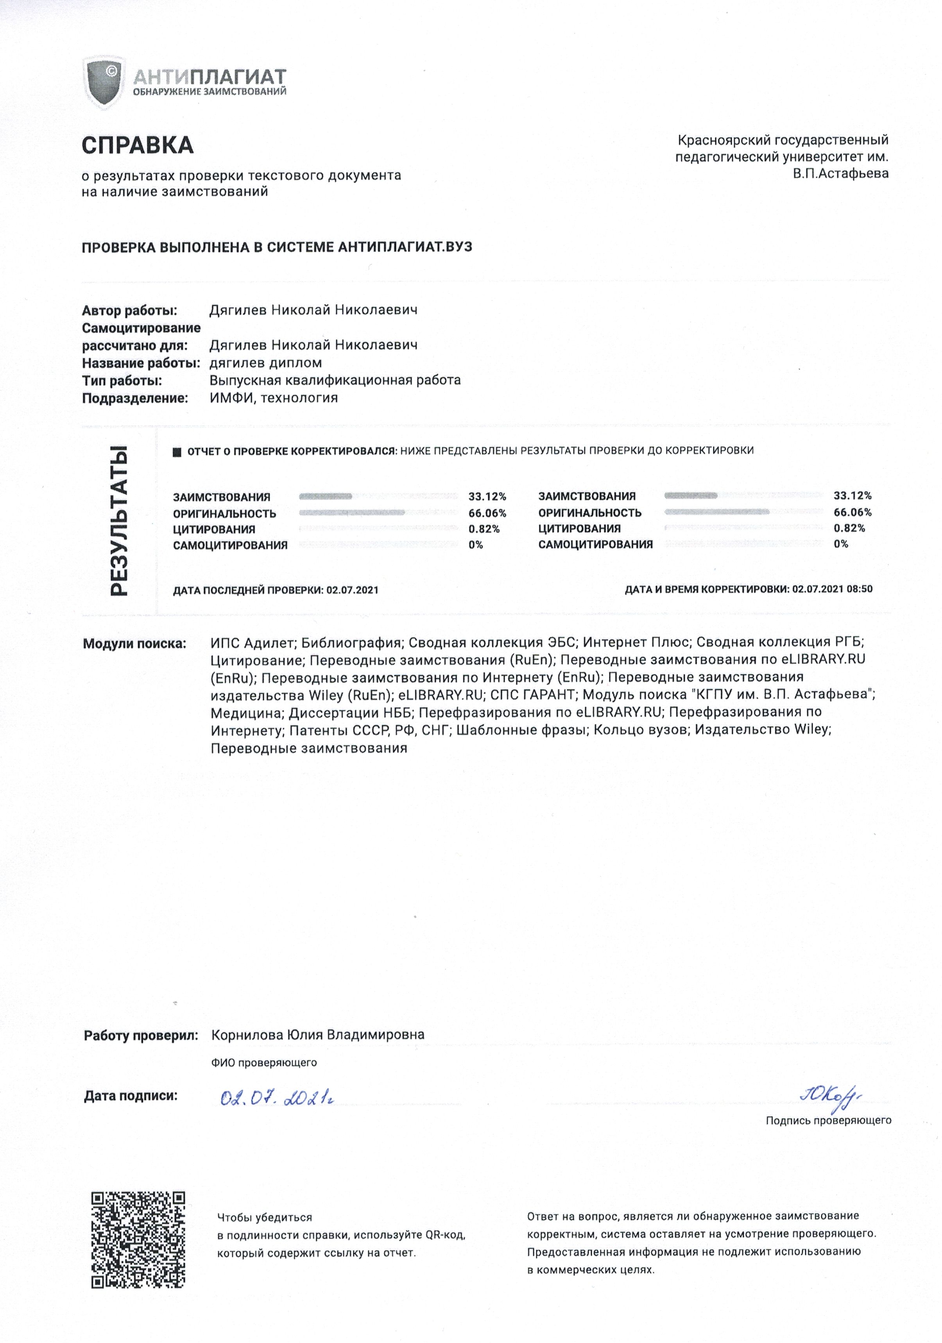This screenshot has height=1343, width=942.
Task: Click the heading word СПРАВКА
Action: [x=138, y=145]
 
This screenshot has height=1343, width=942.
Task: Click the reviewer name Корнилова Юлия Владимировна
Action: [x=318, y=1035]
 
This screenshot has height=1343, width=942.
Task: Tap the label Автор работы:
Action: [x=129, y=311]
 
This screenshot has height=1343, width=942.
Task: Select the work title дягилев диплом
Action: [x=266, y=363]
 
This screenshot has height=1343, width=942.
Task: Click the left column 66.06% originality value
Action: [x=487, y=513]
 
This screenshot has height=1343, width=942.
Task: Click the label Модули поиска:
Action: [x=134, y=644]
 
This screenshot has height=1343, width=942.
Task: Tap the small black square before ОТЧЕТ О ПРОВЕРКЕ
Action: [x=177, y=452]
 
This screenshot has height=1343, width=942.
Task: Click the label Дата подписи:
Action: [x=131, y=1096]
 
